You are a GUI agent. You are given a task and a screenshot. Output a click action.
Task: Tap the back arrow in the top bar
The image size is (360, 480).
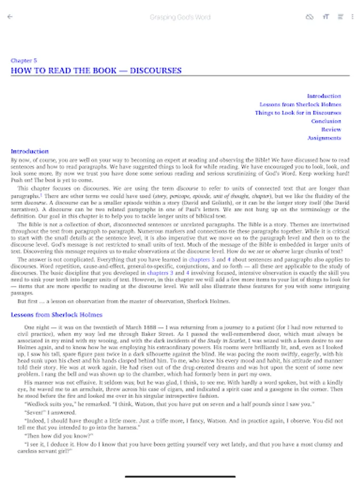tap(10, 17)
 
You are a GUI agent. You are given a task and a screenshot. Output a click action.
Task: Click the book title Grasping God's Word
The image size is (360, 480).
tap(180, 17)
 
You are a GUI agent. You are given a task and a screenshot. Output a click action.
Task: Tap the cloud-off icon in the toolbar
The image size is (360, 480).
tap(309, 17)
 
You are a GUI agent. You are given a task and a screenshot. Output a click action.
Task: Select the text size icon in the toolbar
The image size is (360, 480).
tap(325, 17)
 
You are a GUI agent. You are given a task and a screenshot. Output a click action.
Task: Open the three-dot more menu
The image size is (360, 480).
tap(353, 17)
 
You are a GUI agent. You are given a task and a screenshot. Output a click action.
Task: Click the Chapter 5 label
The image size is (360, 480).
tap(24, 61)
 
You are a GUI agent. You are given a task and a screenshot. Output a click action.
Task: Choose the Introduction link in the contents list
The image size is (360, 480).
tap(324, 96)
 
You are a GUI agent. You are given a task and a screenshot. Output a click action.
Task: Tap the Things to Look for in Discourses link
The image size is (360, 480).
tap(298, 113)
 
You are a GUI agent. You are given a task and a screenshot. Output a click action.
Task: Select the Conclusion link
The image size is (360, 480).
tap(326, 121)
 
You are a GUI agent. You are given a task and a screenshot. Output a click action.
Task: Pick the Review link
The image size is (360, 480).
tap(331, 130)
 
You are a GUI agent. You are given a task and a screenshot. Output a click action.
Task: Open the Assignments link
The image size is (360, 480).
tap(324, 138)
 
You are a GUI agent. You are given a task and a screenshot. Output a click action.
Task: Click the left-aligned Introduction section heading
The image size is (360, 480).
tap(30, 151)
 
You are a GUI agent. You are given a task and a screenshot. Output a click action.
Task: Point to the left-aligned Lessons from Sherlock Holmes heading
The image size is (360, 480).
tap(57, 315)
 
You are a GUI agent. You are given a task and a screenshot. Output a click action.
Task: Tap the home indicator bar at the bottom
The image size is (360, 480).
tap(180, 475)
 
